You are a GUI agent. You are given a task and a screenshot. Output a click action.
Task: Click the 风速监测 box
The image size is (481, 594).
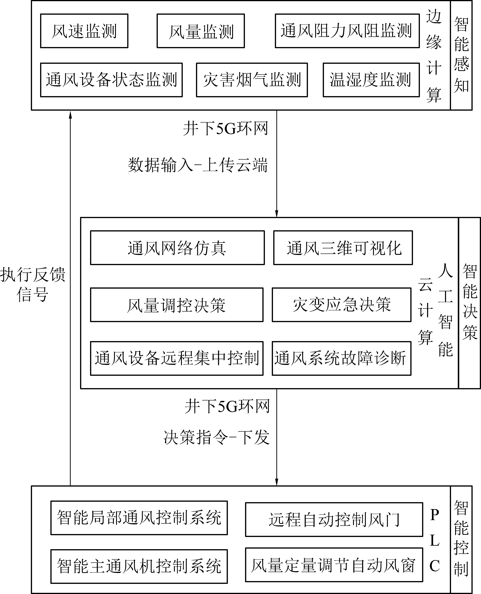tap(84, 31)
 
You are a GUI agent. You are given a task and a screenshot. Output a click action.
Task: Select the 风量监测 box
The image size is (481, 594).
tap(201, 31)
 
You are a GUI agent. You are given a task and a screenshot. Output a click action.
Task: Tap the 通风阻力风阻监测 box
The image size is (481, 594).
tap(347, 31)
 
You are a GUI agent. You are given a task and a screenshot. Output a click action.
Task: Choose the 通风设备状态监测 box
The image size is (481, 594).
tap(111, 80)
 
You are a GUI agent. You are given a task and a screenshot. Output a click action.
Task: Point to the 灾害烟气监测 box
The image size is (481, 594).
tap(252, 80)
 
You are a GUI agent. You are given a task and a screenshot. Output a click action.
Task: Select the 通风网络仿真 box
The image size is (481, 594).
tap(177, 247)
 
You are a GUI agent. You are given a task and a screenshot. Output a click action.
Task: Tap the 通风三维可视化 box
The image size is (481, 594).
tap(343, 247)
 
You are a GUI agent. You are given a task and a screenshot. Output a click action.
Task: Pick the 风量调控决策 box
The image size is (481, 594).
tap(177, 305)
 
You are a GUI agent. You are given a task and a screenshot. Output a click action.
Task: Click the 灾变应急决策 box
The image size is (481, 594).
tap(342, 305)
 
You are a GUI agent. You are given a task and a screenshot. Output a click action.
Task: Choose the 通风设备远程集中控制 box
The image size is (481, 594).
tap(177, 358)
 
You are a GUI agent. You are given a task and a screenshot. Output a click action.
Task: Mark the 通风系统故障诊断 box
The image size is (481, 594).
tap(342, 358)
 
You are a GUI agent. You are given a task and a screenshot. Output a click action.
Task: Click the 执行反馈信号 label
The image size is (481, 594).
tap(33, 284)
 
